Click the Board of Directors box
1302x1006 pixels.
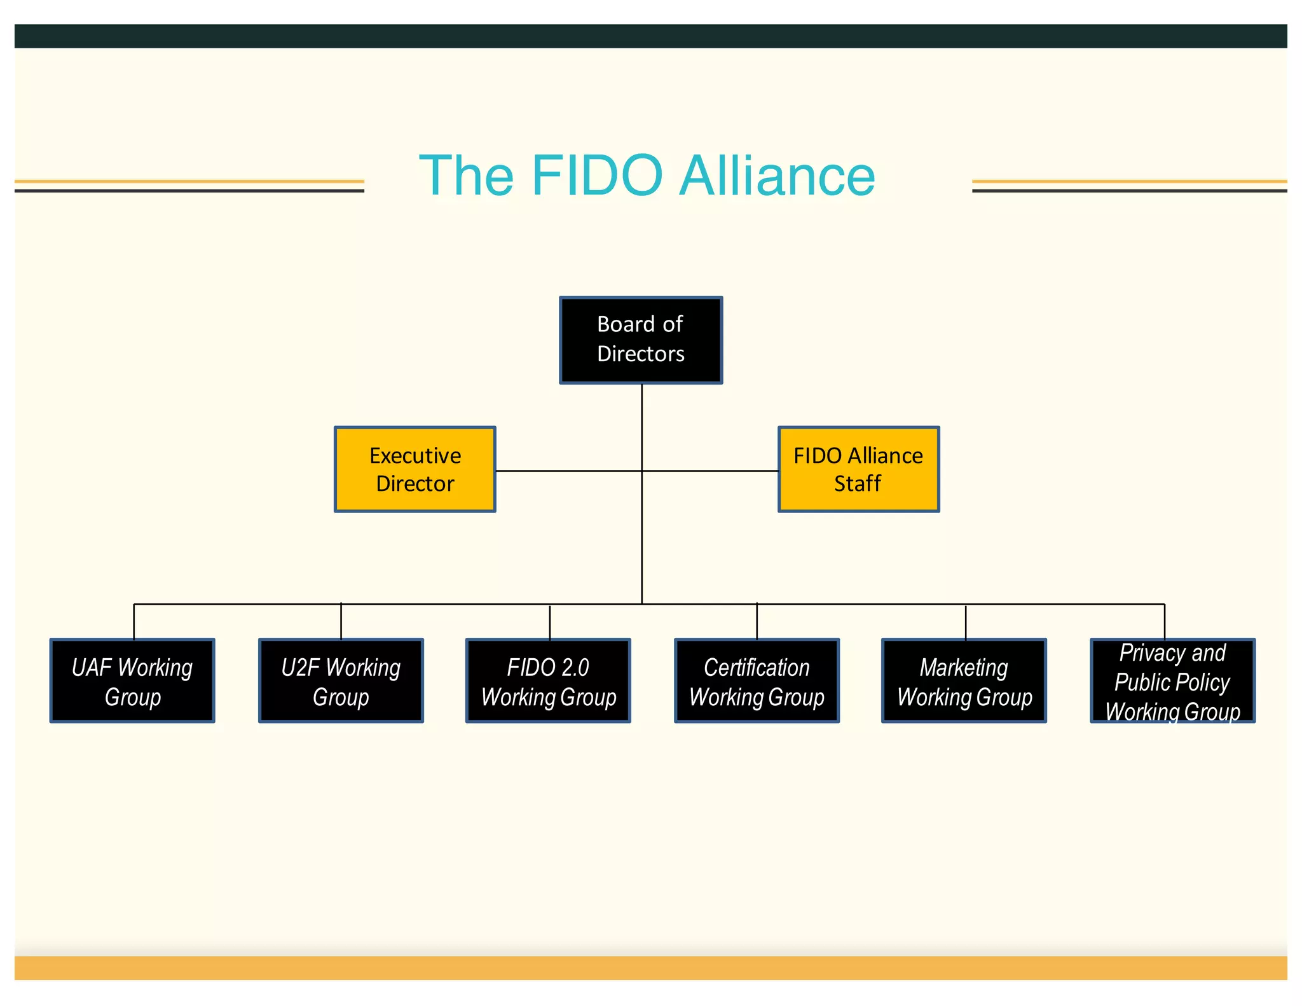641,340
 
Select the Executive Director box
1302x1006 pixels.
415,469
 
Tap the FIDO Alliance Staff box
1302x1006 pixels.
858,469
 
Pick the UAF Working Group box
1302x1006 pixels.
132,680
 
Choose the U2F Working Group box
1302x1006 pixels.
341,680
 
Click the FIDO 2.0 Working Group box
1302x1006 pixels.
548,680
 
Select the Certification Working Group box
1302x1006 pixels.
757,680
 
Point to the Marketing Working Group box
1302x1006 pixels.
964,680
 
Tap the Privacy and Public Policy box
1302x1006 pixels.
1172,680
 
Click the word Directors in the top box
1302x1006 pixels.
641,354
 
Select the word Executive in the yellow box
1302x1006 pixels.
415,455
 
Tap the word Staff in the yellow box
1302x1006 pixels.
858,483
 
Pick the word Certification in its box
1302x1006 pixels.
757,667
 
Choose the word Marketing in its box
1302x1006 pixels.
964,667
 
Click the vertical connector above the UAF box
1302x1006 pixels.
134,621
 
